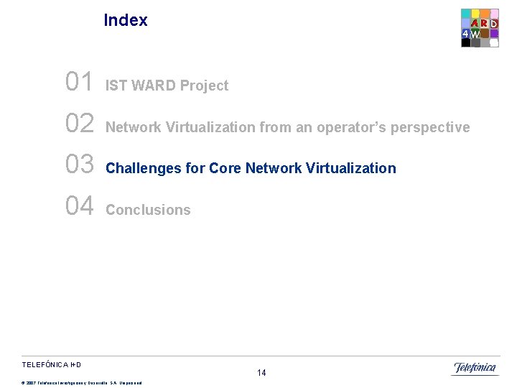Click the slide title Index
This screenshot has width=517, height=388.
[126, 20]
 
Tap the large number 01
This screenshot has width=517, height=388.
[79, 83]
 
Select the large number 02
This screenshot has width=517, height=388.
[79, 124]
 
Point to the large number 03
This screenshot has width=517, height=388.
[79, 165]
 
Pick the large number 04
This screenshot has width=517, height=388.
[79, 206]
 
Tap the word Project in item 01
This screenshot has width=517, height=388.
[204, 86]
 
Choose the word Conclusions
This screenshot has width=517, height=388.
[148, 210]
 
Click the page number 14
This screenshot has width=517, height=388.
[261, 372]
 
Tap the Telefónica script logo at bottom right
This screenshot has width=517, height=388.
[474, 369]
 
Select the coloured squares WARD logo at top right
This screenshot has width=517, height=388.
[480, 28]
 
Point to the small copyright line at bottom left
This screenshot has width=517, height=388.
[82, 382]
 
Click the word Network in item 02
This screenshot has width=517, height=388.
[134, 127]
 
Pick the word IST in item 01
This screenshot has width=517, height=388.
[115, 86]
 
